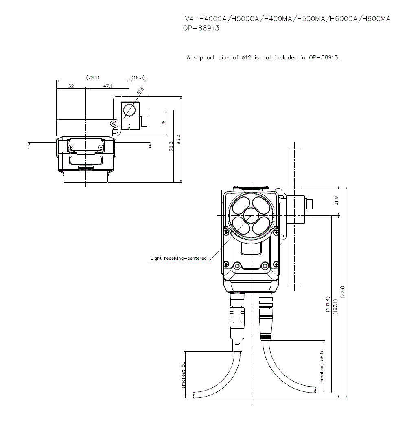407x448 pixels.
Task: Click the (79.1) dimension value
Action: pyautogui.click(x=93, y=77)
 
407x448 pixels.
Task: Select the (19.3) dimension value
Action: pyautogui.click(x=138, y=77)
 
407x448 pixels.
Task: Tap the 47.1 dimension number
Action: pyautogui.click(x=108, y=86)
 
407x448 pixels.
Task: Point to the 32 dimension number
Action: pyautogui.click(x=71, y=86)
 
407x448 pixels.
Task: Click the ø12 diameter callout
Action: pyautogui.click(x=140, y=90)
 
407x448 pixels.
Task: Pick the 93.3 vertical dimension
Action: pyautogui.click(x=179, y=139)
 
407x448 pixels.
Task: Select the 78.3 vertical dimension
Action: pyautogui.click(x=171, y=146)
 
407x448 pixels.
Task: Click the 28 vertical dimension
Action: pyautogui.click(x=163, y=123)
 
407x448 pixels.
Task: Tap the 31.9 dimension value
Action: pyautogui.click(x=336, y=200)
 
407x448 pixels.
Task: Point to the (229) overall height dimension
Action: pyautogui.click(x=343, y=292)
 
